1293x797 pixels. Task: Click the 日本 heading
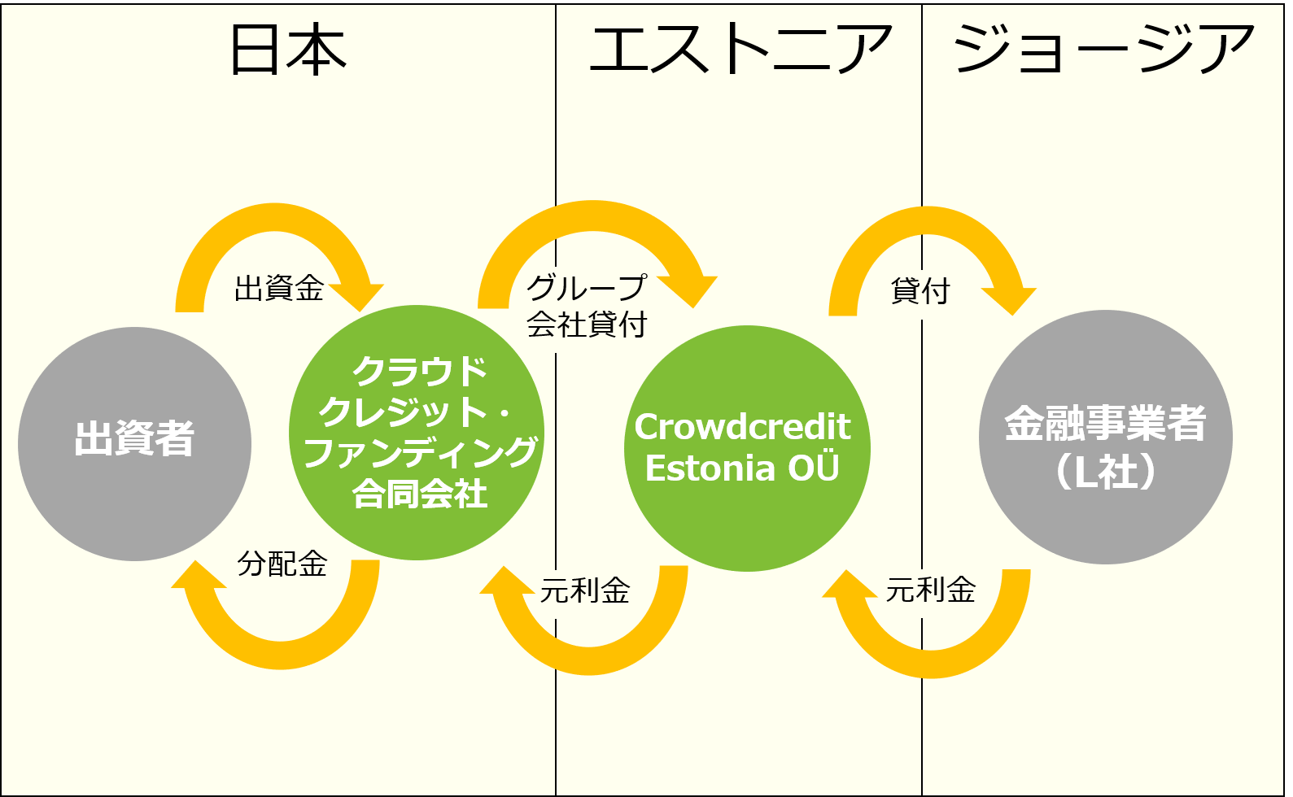tap(288, 50)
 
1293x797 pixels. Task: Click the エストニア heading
tap(740, 49)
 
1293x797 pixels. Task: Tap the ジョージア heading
tap(1103, 49)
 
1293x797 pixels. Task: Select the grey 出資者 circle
tap(134, 444)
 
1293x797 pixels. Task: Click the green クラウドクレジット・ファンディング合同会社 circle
tap(416, 433)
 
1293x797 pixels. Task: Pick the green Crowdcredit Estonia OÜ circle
tap(747, 448)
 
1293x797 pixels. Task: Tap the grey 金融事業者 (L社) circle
tap(1105, 437)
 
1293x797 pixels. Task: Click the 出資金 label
tap(279, 288)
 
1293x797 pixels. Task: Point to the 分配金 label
tap(282, 564)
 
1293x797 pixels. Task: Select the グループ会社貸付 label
tap(587, 305)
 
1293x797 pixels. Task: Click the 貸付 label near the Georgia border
tap(920, 290)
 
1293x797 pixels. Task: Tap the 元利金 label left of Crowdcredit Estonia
tap(585, 590)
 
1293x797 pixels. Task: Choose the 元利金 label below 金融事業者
tap(931, 590)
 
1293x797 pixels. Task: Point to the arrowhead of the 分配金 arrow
tap(197, 576)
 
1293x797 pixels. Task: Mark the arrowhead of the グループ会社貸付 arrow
tap(689, 290)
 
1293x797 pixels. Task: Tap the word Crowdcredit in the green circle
tap(742, 427)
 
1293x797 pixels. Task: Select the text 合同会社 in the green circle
tap(420, 494)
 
